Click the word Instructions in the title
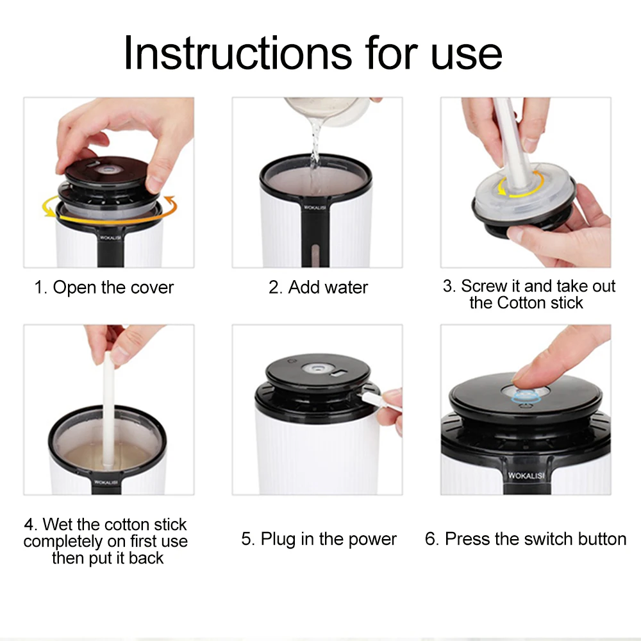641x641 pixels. click(x=238, y=53)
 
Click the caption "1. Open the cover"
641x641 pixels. click(x=104, y=287)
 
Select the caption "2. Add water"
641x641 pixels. click(x=318, y=287)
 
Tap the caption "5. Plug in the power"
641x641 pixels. click(x=319, y=539)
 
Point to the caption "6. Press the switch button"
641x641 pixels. click(x=526, y=539)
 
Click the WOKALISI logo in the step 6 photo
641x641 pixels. click(x=526, y=476)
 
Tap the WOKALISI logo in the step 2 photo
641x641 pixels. click(x=315, y=208)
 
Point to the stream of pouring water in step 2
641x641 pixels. click(x=315, y=151)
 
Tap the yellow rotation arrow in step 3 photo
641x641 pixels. click(x=520, y=185)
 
